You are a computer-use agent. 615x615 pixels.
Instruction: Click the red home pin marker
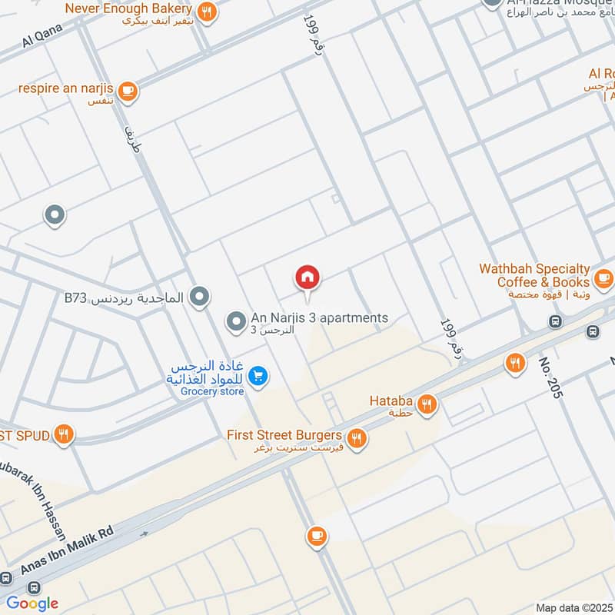tap(307, 278)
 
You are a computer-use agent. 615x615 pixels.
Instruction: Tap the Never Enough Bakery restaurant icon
tap(206, 12)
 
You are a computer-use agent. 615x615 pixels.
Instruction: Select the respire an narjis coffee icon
tap(128, 90)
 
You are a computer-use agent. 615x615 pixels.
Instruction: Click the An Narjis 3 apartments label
tap(320, 318)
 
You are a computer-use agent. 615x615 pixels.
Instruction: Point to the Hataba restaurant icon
tap(427, 403)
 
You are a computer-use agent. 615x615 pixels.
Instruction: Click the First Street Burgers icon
tap(355, 439)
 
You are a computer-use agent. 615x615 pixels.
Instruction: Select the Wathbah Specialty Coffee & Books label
tap(534, 276)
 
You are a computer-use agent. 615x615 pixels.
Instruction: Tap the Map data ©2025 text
tap(573, 607)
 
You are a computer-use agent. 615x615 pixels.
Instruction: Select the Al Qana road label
tap(42, 35)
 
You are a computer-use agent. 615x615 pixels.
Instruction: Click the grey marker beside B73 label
tap(200, 296)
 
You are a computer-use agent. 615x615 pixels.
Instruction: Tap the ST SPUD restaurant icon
tap(65, 435)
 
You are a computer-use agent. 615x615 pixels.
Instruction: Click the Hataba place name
tap(391, 401)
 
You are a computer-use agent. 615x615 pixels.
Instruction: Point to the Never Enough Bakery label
tap(128, 8)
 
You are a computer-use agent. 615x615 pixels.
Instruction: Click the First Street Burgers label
tap(285, 435)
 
